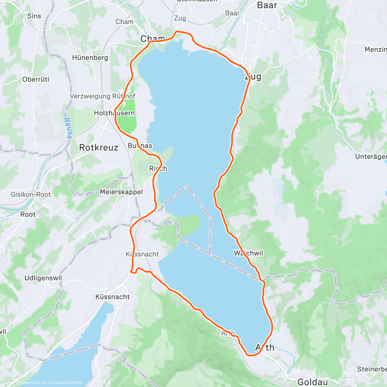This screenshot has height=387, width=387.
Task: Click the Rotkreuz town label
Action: [x=99, y=148]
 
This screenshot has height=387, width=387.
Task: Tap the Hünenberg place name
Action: [x=90, y=58]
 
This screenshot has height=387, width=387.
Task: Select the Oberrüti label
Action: [x=36, y=79]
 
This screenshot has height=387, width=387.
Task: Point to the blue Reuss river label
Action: [x=68, y=128]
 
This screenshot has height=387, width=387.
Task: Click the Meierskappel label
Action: [x=121, y=192]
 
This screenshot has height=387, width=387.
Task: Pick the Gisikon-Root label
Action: [x=31, y=194]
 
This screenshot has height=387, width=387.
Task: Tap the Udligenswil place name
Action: [x=43, y=278]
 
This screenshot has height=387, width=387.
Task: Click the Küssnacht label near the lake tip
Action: [x=113, y=297]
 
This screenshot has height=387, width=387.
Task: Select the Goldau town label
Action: [x=313, y=382]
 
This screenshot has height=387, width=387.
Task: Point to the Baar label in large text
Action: [x=267, y=5]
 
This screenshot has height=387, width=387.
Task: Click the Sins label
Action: [x=34, y=16]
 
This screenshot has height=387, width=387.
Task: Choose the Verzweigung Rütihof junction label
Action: [x=103, y=96]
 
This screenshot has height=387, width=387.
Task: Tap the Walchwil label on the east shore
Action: [x=249, y=253]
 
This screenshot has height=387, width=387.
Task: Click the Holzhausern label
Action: [x=114, y=113]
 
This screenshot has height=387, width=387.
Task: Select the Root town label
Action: [x=28, y=214]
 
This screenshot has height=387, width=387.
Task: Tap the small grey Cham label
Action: [x=124, y=22]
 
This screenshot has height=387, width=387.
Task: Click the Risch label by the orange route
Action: [x=158, y=168]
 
